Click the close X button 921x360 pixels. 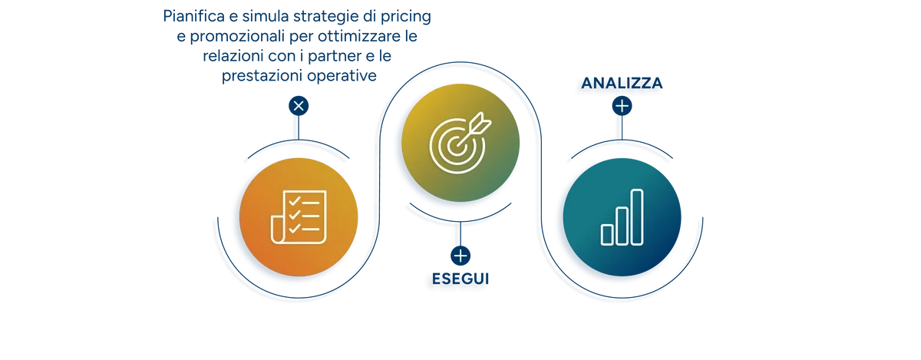pos(299,106)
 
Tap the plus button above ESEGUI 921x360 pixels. pos(460,256)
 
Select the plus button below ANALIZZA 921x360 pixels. pos(622,106)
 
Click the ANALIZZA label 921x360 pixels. pos(622,83)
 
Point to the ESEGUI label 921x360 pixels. pos(460,279)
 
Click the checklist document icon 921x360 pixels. pos(299,216)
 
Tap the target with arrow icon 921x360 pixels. pos(460,143)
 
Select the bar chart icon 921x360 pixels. pos(622,217)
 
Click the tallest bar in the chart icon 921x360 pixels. pos(637,217)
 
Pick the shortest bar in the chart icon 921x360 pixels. pos(607,235)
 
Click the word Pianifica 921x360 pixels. pos(193,16)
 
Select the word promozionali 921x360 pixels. pos(237,37)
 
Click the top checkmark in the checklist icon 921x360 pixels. pos(295,201)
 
